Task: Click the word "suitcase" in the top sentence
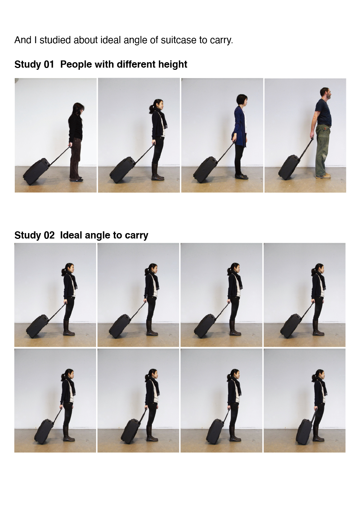point(179,40)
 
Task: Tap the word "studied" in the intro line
point(55,40)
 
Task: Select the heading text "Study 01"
point(34,64)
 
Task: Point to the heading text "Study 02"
point(34,235)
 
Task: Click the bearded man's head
point(325,93)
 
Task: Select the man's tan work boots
point(323,175)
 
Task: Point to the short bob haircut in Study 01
point(241,100)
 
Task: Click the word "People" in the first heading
point(76,64)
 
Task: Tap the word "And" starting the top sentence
point(23,40)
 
